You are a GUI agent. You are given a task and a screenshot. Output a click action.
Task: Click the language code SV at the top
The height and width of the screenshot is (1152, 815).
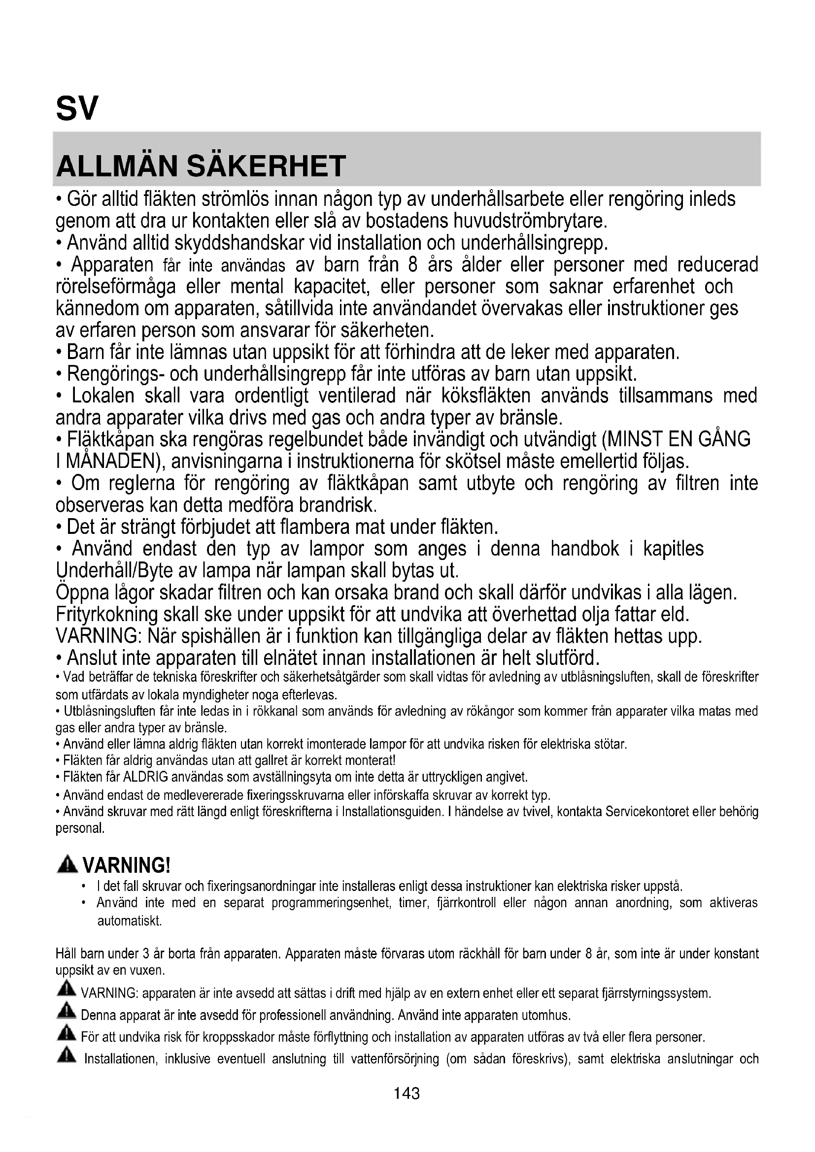77,108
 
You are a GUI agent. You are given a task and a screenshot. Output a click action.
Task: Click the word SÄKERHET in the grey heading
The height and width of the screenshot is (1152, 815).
267,166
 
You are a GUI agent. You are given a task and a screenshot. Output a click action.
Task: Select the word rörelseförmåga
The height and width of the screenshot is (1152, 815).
116,287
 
